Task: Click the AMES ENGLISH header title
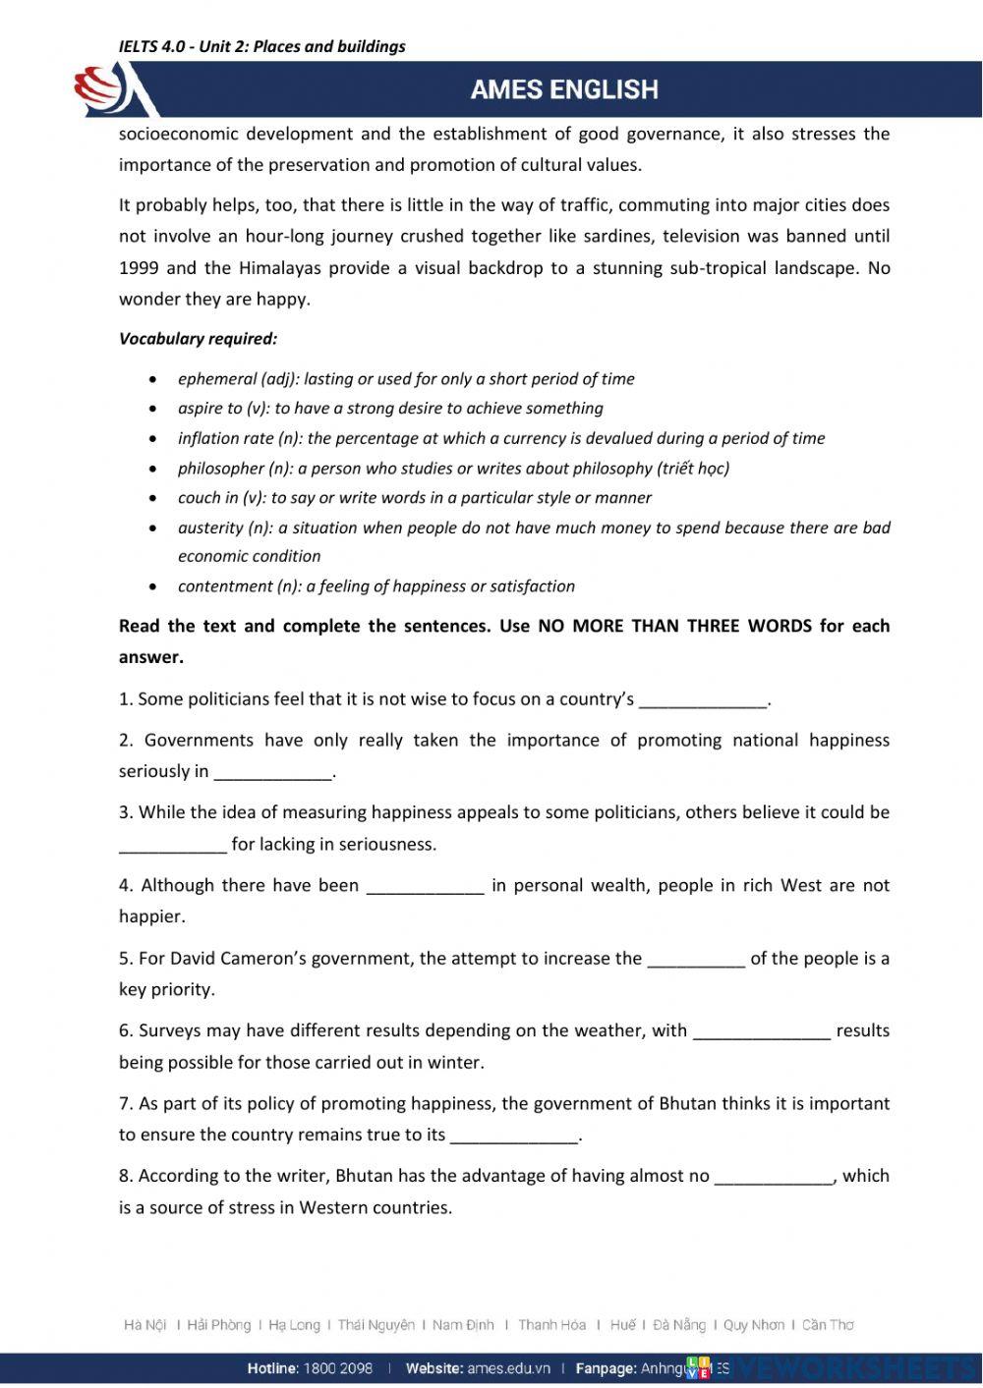point(564,89)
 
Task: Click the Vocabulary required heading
point(198,339)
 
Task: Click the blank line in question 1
point(702,701)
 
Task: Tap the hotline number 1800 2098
point(339,1368)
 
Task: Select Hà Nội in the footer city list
point(145,1325)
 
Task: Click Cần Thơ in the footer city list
point(828,1325)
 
